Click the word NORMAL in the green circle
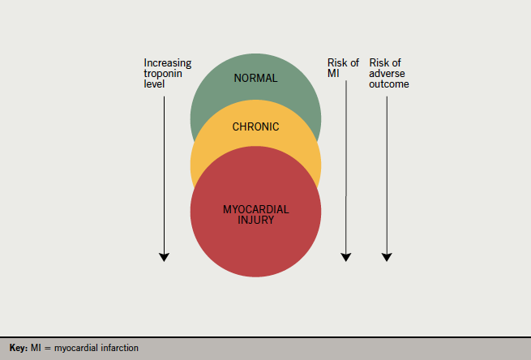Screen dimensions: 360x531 (255, 79)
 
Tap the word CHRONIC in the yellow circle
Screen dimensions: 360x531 (255, 127)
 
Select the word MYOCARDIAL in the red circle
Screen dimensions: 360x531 (255, 209)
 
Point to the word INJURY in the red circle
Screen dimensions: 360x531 (255, 220)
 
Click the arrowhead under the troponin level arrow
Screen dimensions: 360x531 (164, 256)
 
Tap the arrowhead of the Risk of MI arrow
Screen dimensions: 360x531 (346, 256)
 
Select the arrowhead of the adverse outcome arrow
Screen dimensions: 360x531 (387, 256)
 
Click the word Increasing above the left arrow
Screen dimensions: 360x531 (167, 62)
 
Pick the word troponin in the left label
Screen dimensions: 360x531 (163, 73)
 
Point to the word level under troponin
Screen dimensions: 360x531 (153, 84)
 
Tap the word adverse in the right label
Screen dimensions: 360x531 (387, 73)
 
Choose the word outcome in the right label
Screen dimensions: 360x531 (389, 84)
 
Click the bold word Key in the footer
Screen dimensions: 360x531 (18, 348)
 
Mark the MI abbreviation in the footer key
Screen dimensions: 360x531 (37, 348)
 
